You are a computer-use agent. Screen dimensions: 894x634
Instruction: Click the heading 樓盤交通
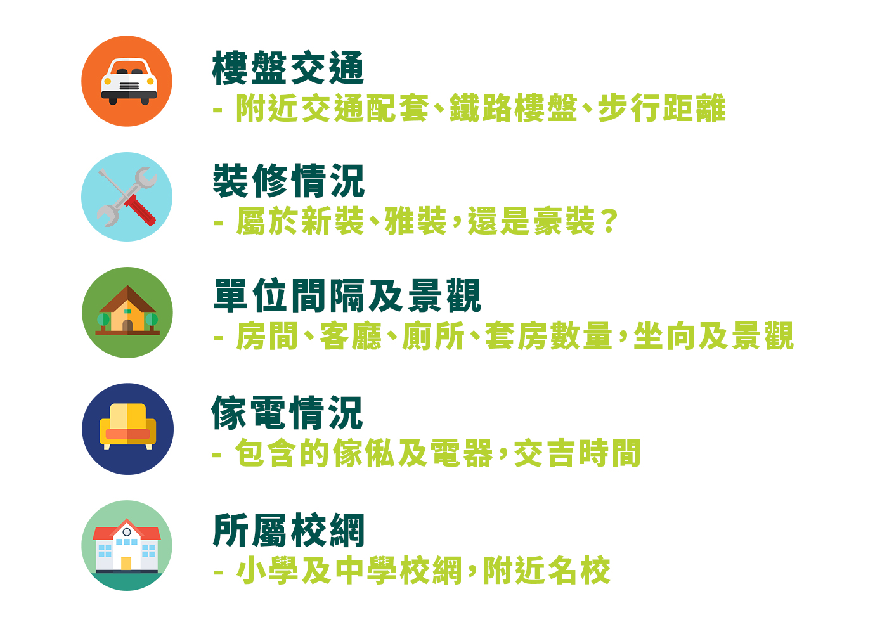288,68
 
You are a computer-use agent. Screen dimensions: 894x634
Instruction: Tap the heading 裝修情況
288,181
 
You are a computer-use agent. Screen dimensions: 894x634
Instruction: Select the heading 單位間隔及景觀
347,295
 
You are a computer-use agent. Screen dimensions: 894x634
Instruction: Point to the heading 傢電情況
287,413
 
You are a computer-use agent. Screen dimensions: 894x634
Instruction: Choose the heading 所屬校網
288,530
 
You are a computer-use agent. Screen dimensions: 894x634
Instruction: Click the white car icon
129,82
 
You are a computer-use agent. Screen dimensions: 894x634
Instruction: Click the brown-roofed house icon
127,310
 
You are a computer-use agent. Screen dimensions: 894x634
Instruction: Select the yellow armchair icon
127,427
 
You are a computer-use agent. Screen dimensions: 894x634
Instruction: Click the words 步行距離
661,108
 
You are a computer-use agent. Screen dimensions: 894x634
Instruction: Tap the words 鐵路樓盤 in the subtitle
513,108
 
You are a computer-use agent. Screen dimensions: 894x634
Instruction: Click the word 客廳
351,336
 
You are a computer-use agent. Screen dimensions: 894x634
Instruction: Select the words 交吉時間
577,453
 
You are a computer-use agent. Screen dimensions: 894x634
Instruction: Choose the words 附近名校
547,571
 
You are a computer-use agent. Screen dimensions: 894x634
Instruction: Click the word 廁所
433,336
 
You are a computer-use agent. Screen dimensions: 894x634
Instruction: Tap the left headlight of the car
107,81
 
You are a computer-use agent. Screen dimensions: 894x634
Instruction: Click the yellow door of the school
126,563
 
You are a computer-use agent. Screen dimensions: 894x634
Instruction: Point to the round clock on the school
127,532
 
